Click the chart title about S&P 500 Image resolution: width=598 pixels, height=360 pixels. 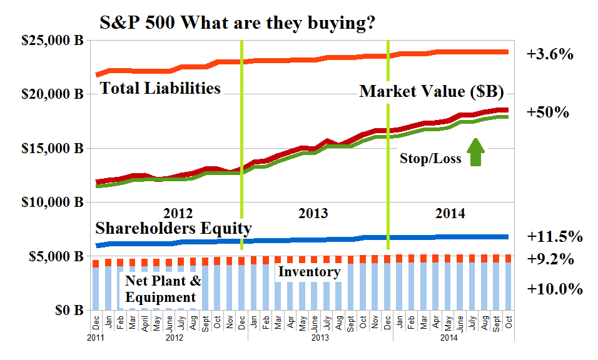click(238, 24)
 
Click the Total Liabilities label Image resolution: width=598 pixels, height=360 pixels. click(161, 88)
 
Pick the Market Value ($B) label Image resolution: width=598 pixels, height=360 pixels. click(431, 92)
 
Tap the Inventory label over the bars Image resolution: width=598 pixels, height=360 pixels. click(308, 272)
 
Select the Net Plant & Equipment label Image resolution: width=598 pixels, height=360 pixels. click(161, 288)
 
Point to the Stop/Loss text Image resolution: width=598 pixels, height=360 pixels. click(430, 159)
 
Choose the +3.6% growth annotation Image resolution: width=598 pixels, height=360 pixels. click(550, 54)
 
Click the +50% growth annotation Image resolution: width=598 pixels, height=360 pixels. click(547, 112)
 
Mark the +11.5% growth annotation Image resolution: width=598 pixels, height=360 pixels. click(554, 237)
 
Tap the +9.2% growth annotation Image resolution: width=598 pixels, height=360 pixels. click(550, 259)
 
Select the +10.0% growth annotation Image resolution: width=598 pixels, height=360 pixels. click(554, 289)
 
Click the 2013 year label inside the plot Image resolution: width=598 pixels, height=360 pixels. click(313, 213)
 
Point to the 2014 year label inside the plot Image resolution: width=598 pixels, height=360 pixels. click(450, 213)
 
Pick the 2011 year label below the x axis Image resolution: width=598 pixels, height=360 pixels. click(96, 337)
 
